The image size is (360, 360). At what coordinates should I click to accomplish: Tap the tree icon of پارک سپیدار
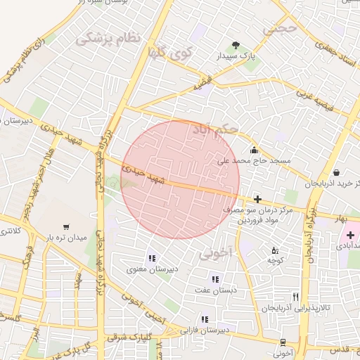[x=236, y=44]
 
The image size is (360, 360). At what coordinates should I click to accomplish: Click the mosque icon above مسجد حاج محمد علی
[x=254, y=150]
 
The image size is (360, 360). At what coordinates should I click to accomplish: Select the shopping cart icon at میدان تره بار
[x=66, y=227]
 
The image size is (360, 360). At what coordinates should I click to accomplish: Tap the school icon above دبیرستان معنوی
[x=153, y=258]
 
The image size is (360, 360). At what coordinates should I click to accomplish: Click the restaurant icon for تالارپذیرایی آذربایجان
[x=295, y=297]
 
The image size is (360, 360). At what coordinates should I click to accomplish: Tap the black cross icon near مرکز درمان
[x=258, y=199]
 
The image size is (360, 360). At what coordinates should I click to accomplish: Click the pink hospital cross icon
[x=350, y=234]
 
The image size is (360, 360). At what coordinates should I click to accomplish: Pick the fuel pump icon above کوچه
[x=275, y=250]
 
